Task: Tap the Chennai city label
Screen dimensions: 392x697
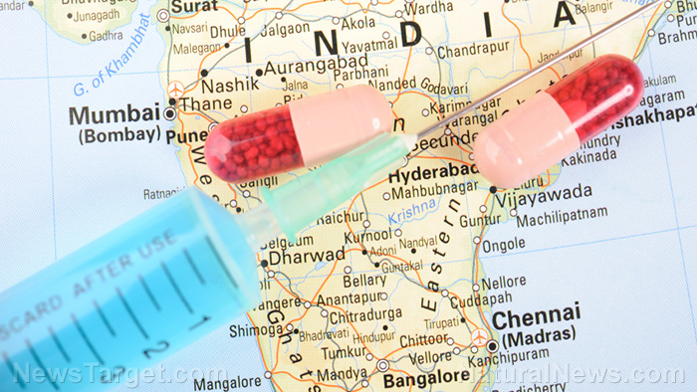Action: click(537, 319)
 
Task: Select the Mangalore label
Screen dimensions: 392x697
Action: click(228, 382)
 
